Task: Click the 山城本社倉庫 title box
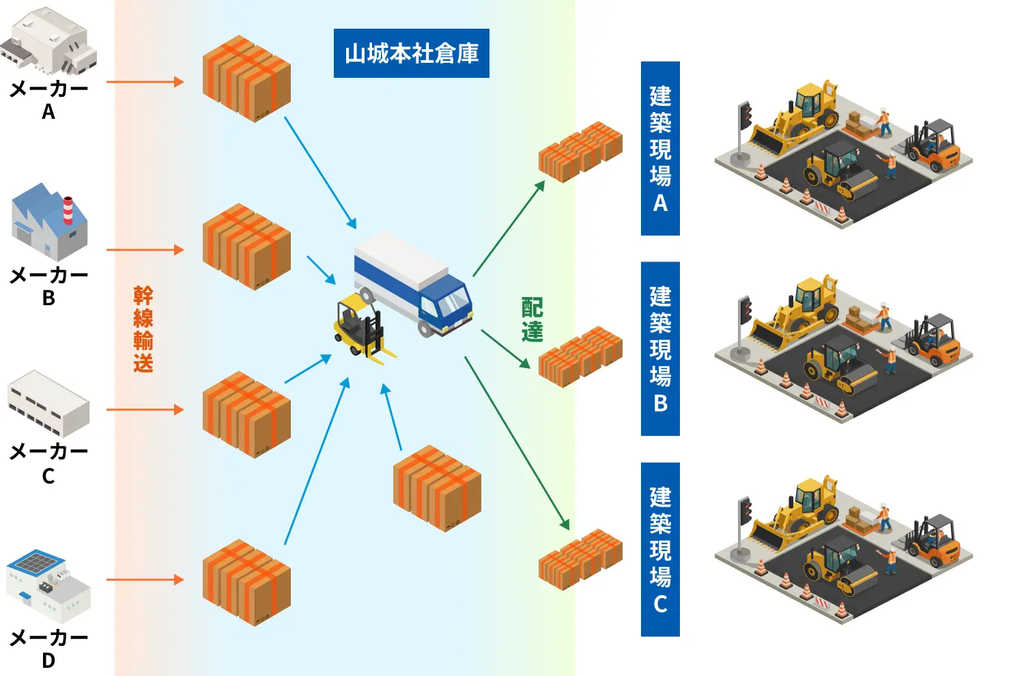click(x=412, y=53)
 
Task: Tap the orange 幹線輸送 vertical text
click(x=143, y=329)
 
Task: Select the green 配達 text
click(x=532, y=320)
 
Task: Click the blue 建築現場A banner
click(x=660, y=148)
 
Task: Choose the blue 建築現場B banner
click(x=660, y=348)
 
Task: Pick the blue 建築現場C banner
click(x=660, y=549)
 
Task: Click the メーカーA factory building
click(x=49, y=41)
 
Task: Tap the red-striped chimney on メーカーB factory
click(x=68, y=210)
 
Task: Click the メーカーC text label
click(x=48, y=464)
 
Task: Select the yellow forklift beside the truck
click(x=363, y=328)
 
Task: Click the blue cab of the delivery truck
click(x=446, y=304)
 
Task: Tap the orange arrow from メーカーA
click(x=145, y=82)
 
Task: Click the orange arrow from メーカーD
click(x=145, y=580)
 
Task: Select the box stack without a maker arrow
click(x=437, y=488)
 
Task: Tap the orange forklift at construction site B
click(x=933, y=341)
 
